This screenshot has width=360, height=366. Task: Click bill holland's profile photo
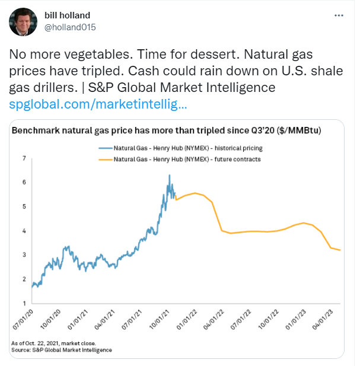tap(22, 21)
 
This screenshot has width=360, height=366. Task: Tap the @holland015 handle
tap(69, 27)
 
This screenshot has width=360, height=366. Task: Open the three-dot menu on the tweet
tap(338, 14)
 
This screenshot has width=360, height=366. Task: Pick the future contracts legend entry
tap(180, 159)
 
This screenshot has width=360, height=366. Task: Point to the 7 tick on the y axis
tap(24, 158)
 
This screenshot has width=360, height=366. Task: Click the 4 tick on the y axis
tap(24, 231)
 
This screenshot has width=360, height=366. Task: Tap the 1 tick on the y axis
tap(24, 303)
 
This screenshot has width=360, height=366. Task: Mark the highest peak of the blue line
tap(170, 175)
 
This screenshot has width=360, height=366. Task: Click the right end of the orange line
tap(340, 250)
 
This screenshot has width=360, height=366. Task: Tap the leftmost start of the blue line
tap(32, 287)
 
